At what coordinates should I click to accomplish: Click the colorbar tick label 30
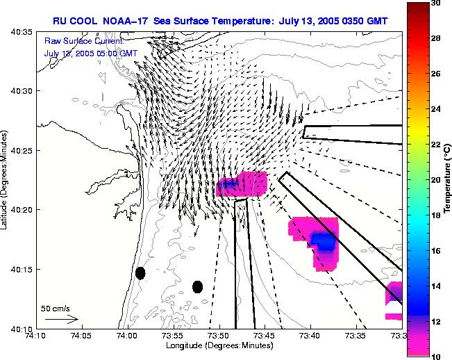pos(436,3)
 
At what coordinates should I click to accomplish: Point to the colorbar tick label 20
pos(436,179)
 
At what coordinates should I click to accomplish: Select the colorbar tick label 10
pos(436,355)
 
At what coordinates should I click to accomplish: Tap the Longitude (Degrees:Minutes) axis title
pos(219,345)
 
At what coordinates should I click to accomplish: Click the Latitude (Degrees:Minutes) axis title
pos(6,179)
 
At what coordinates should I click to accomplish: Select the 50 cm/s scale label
pos(55,308)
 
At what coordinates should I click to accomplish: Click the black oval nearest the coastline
pos(140,273)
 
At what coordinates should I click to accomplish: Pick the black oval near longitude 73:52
pos(197,286)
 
